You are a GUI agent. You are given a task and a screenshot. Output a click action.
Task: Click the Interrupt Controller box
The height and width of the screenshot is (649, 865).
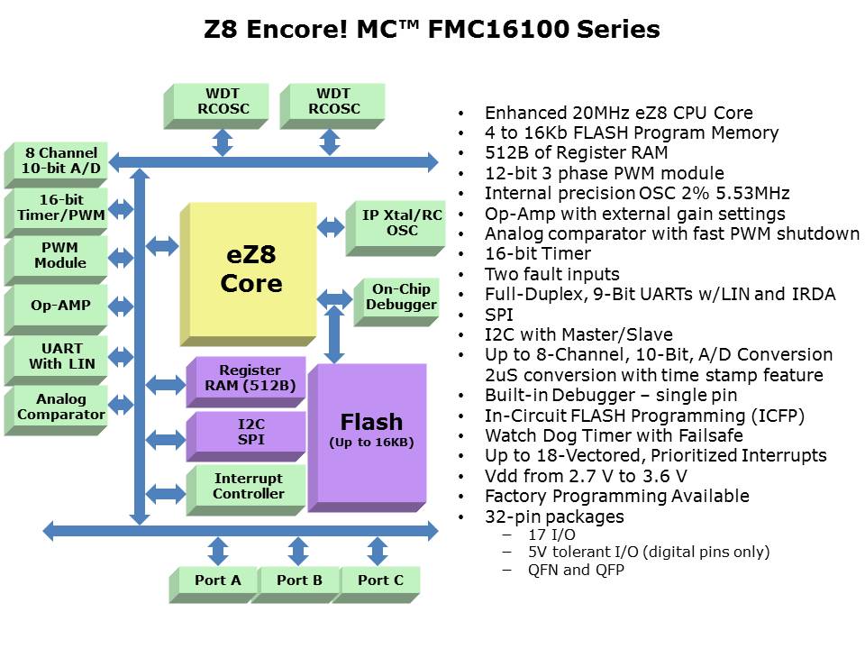[x=249, y=487]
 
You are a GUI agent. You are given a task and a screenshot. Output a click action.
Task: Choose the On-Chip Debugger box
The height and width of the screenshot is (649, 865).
[x=401, y=297]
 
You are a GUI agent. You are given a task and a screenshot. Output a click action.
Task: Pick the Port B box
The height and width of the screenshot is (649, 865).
[x=299, y=580]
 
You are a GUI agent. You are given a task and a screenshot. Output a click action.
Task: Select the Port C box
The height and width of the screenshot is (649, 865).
[x=380, y=580]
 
